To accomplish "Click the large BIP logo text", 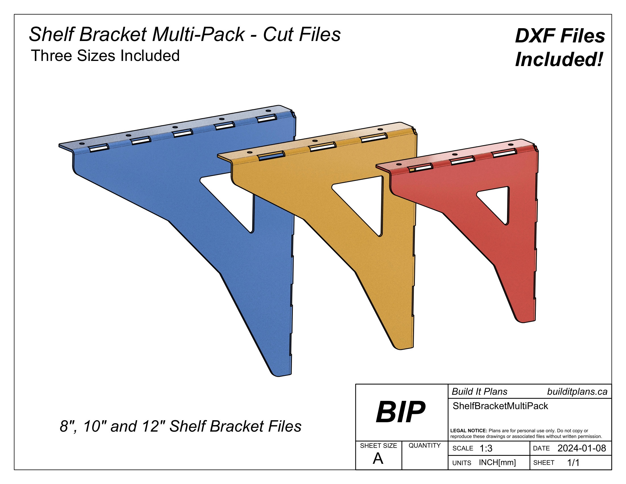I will (400, 412).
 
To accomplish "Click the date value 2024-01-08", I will (582, 448).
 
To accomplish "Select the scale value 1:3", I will (486, 448).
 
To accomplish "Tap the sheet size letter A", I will (378, 459).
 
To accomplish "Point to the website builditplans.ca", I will (577, 392).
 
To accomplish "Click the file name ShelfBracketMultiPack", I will (500, 406).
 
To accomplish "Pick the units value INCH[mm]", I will (497, 462).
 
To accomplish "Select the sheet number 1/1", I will (573, 462).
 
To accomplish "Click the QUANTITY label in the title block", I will (425, 445).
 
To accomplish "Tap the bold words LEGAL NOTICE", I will (469, 431).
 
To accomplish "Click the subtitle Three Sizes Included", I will (105, 56).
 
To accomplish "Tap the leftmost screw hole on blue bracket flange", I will (82, 143).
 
